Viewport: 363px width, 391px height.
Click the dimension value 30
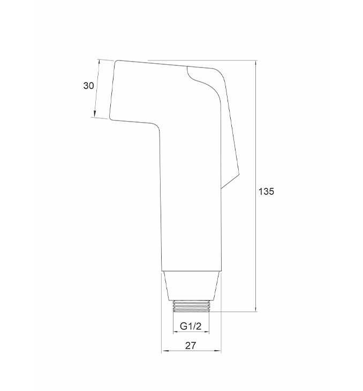tap(88, 86)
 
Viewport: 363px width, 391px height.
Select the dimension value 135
tap(266, 191)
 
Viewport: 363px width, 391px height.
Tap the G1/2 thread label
tap(191, 326)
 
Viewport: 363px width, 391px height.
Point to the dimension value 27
tap(191, 345)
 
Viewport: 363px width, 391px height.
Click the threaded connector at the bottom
tap(191, 306)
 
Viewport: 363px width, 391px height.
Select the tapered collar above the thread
tap(191, 286)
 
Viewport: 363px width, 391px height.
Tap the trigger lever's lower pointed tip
tap(239, 175)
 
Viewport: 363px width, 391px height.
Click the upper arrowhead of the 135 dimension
tap(256, 64)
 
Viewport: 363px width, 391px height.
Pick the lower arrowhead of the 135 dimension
tap(256, 309)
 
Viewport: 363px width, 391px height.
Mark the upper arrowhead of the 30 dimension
tap(99, 62)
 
